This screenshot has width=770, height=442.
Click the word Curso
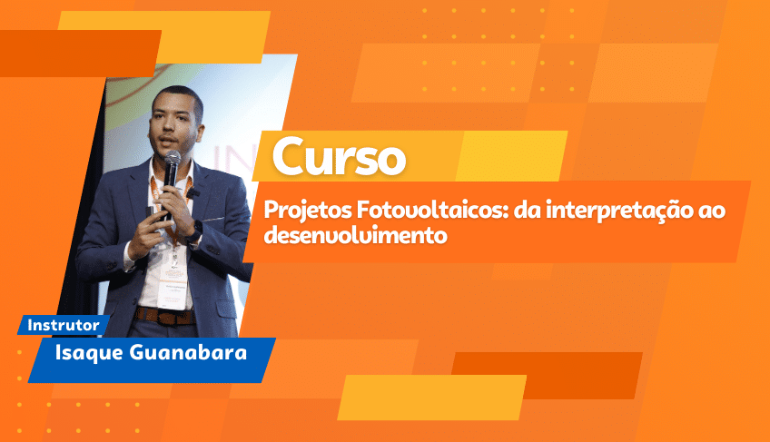[x=339, y=156]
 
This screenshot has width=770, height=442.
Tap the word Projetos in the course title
[x=308, y=211]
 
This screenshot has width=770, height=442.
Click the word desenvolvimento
[x=356, y=235]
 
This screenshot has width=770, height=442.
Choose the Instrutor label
[x=64, y=325]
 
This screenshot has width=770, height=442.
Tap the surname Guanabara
[x=188, y=353]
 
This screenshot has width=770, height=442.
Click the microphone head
[x=172, y=159]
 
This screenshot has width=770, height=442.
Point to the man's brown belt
[x=165, y=316]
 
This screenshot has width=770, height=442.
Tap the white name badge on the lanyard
[x=173, y=287]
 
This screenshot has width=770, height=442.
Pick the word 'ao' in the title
[x=712, y=211]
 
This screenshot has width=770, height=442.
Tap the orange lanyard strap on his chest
[x=156, y=192]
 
